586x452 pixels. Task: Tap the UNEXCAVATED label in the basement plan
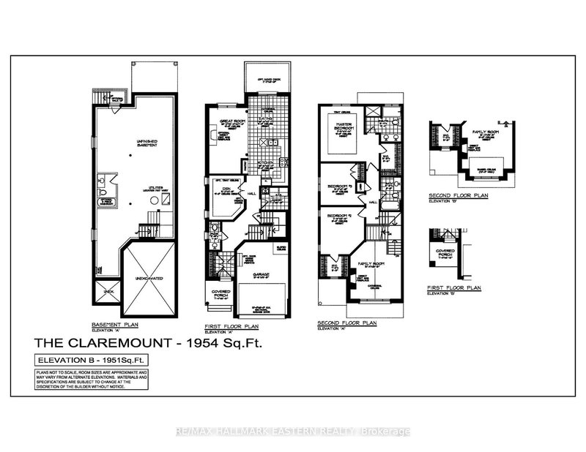(148, 279)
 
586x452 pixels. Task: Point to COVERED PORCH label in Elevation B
(445, 255)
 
